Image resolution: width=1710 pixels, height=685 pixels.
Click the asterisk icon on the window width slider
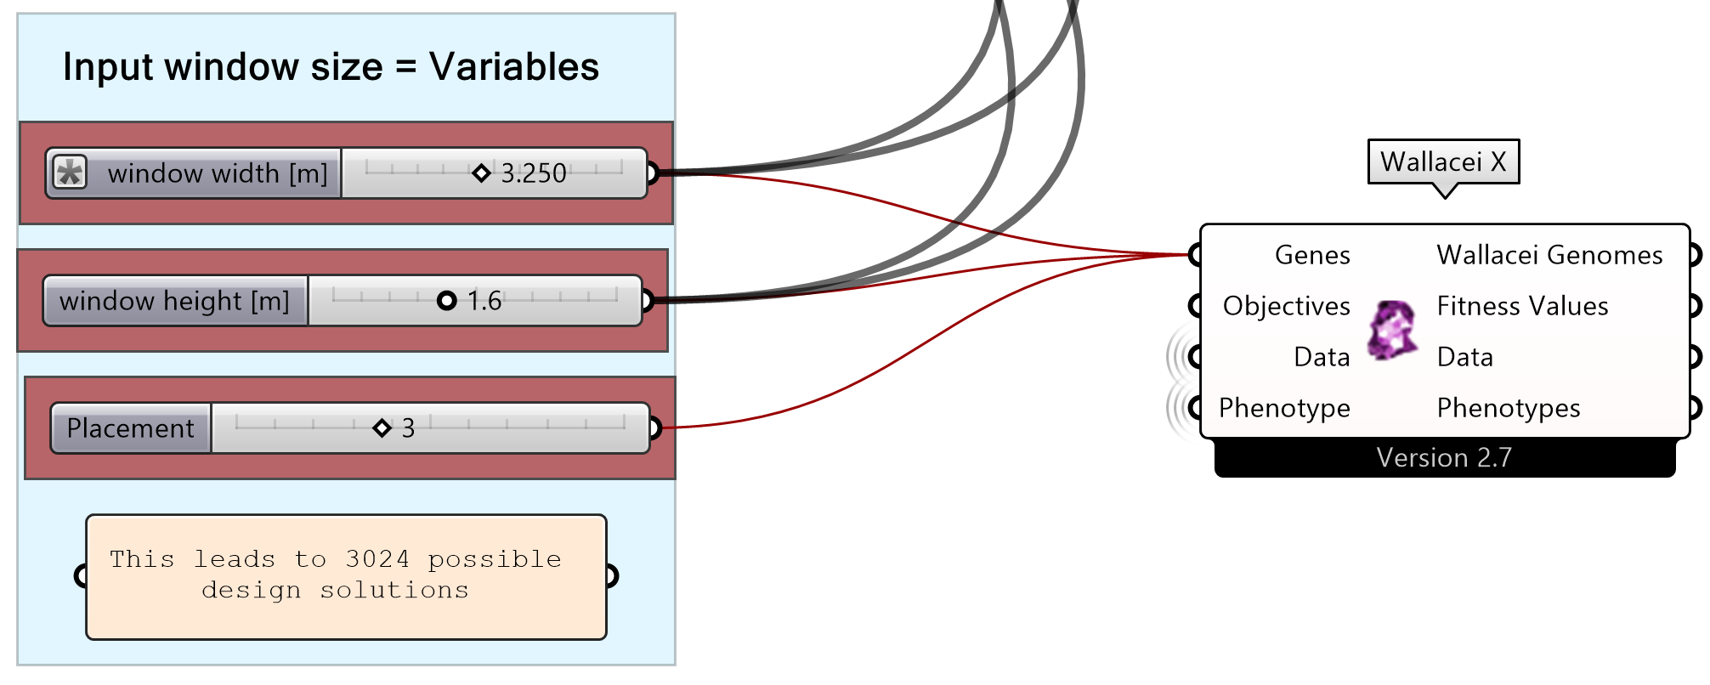(x=70, y=173)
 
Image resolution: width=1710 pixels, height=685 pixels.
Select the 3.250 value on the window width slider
(x=533, y=173)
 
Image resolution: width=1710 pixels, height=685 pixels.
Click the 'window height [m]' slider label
(x=175, y=301)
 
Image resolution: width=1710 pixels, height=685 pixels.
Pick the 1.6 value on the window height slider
(x=484, y=301)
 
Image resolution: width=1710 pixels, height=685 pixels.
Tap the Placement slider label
(x=130, y=428)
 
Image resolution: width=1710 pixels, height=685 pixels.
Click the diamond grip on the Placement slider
(x=382, y=427)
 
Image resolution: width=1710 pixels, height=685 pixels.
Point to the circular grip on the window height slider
(x=446, y=301)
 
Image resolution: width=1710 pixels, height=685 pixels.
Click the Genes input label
(x=1311, y=255)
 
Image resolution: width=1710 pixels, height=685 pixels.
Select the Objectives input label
(x=1286, y=306)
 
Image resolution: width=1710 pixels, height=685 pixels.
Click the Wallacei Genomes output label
(x=1549, y=255)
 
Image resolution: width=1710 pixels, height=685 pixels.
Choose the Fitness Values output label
(x=1522, y=306)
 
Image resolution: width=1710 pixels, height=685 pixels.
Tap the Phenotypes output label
(x=1508, y=408)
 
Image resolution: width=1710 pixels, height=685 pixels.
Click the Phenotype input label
(x=1283, y=408)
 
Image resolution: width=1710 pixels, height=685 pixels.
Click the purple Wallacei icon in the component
(x=1391, y=330)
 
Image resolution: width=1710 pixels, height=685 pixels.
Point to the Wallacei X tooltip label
(x=1443, y=161)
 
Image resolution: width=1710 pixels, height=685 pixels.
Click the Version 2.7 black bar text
(x=1443, y=458)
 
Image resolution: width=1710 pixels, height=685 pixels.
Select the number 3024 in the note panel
(x=377, y=559)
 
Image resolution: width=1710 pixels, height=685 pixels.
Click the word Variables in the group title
(x=513, y=67)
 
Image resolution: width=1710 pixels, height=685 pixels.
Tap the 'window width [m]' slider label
(x=217, y=173)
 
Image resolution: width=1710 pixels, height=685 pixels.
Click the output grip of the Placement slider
(x=654, y=427)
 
